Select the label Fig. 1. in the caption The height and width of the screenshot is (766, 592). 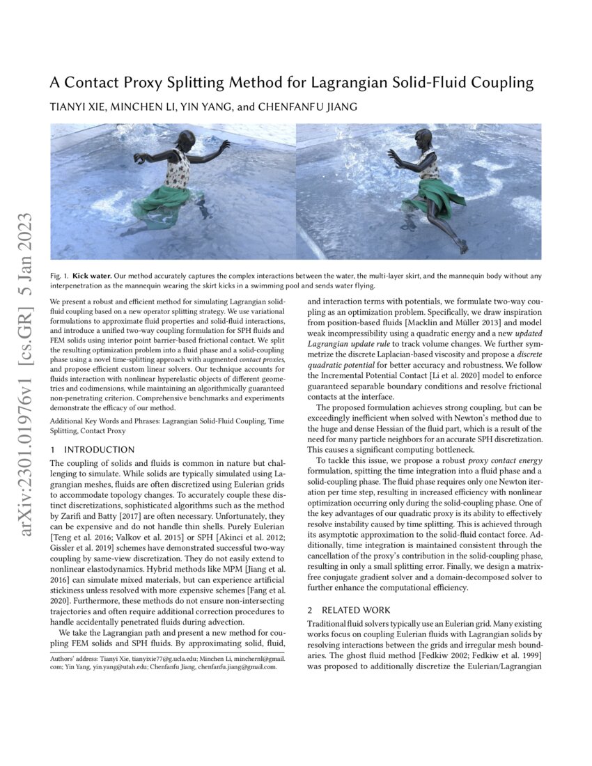59,276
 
